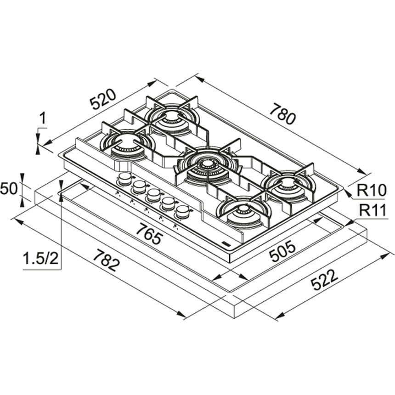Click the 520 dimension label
tap(103, 99)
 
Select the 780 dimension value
tap(282, 115)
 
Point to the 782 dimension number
tap(106, 260)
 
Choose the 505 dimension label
tap(282, 251)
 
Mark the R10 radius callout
tap(371, 191)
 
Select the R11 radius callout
tap(372, 210)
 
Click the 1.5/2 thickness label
tap(40, 259)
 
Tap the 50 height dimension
tap(9, 188)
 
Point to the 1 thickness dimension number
tap(43, 118)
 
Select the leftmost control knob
tap(124, 178)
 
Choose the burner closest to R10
tap(287, 185)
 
